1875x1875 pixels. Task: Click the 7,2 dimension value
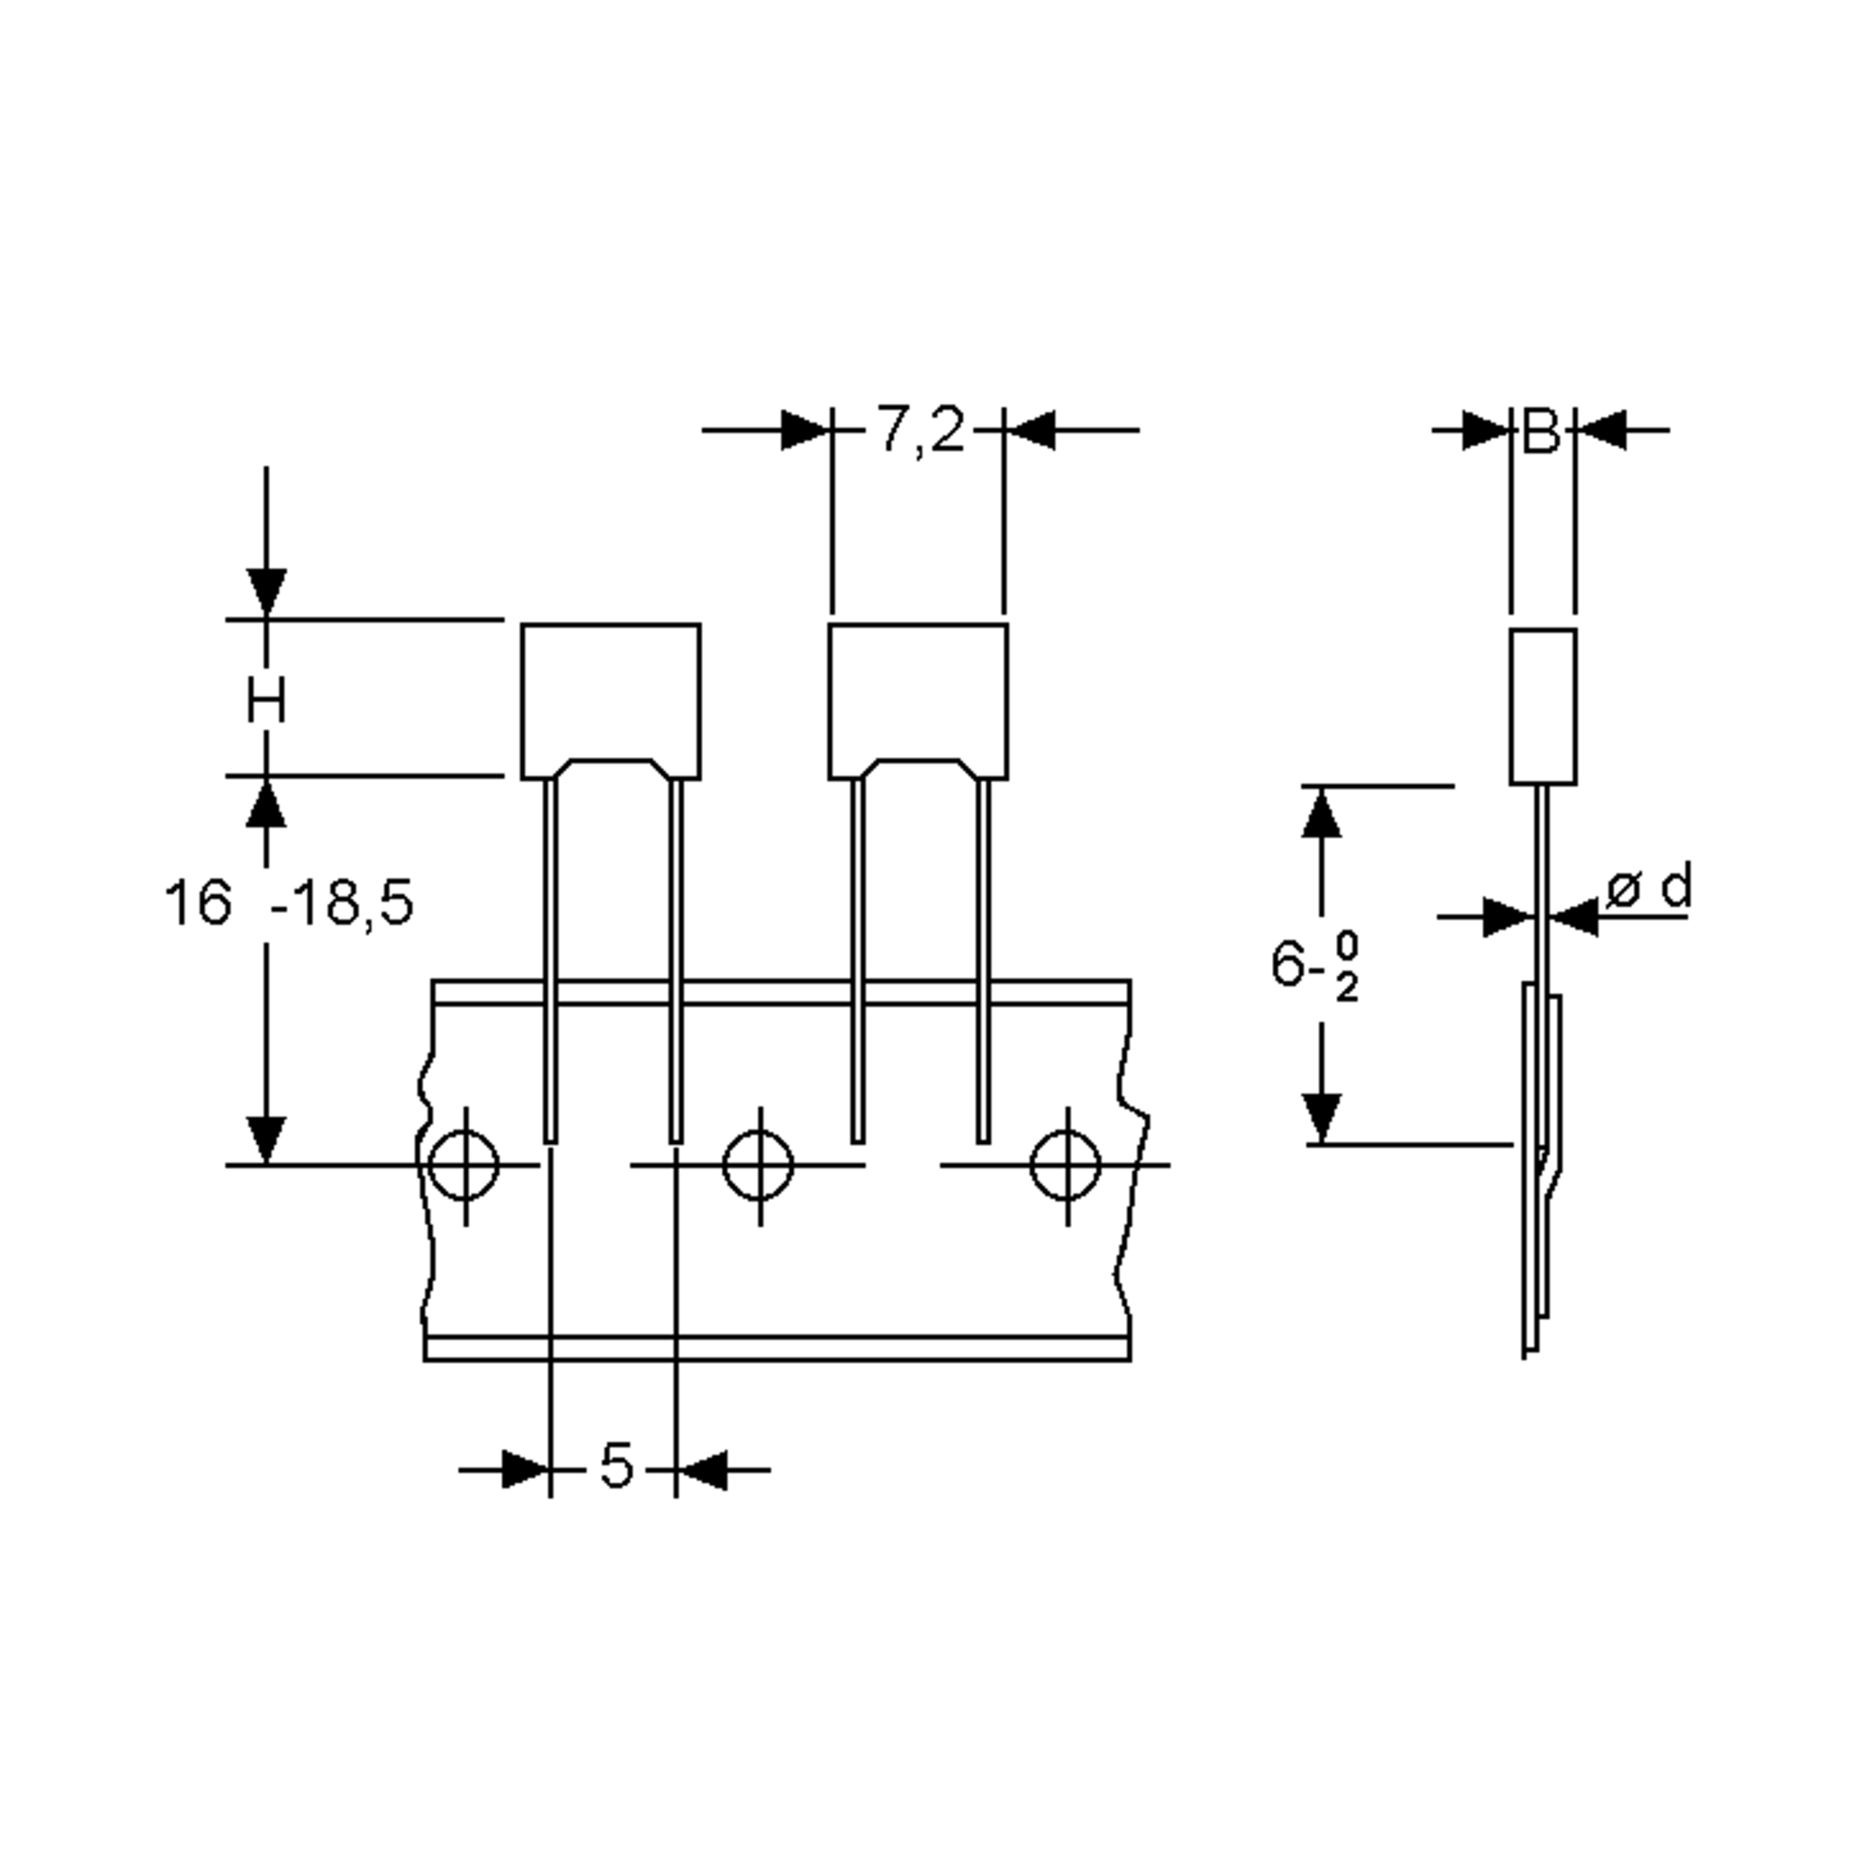pyautogui.click(x=920, y=430)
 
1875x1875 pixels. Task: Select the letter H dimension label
pyautogui.click(x=266, y=701)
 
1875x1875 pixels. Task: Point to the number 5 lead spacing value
pyautogui.click(x=616, y=1466)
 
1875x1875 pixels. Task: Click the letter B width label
pyautogui.click(x=1541, y=432)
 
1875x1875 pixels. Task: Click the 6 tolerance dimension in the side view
pyautogui.click(x=1315, y=966)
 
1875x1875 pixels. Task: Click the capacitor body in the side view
pyautogui.click(x=1542, y=705)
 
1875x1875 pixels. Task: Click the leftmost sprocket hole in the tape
pyautogui.click(x=465, y=1165)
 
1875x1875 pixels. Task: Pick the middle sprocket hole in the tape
pyautogui.click(x=759, y=1165)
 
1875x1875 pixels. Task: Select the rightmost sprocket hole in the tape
pyautogui.click(x=1066, y=1165)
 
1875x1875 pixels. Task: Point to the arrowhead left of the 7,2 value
pyautogui.click(x=805, y=430)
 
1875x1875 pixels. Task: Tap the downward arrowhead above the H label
pyautogui.click(x=266, y=591)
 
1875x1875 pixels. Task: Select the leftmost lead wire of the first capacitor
pyautogui.click(x=550, y=961)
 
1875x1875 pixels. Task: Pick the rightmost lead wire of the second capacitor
pyautogui.click(x=983, y=961)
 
